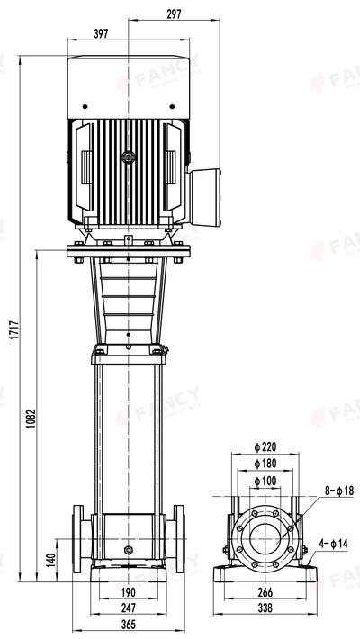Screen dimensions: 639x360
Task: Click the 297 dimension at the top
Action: (x=174, y=13)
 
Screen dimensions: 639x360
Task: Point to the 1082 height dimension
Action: (x=30, y=418)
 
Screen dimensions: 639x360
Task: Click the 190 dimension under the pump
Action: (x=128, y=591)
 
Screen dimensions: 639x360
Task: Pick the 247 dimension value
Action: (x=128, y=607)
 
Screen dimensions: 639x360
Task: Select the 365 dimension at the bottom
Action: (x=128, y=625)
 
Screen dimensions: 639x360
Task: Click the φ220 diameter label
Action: (x=264, y=446)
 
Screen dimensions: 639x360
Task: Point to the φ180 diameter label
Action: (x=264, y=463)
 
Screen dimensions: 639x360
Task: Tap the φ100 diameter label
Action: (x=264, y=481)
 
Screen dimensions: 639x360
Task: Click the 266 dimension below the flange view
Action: (x=264, y=592)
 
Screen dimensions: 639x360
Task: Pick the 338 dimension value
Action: (x=264, y=608)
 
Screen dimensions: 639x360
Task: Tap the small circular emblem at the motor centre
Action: (x=128, y=157)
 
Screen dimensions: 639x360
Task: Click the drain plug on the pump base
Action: (x=128, y=548)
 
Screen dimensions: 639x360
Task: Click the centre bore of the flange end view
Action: (x=264, y=538)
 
